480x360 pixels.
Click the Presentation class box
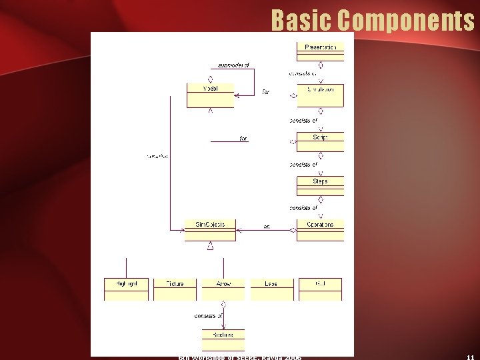320,51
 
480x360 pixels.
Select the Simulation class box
320,95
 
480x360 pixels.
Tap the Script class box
320,141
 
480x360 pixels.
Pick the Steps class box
320,185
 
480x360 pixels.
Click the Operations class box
320,229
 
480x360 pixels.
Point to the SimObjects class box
210,229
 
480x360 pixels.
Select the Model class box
210,95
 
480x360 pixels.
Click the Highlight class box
126,288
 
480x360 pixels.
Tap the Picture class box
175,288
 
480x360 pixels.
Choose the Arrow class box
223,288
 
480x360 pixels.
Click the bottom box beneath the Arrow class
223,339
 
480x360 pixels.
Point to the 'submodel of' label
233,65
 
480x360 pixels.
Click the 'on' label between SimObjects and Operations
267,227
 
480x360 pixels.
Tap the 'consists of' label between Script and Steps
303,164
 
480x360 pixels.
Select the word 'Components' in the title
406,21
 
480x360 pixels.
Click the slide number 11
470,357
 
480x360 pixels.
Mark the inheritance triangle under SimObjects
210,246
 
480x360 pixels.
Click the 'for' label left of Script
243,139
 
